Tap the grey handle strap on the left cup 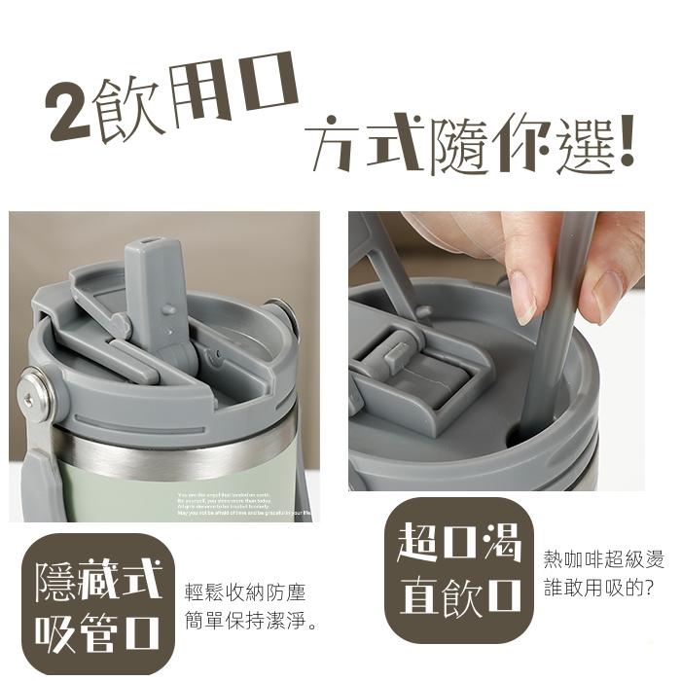(x=37, y=477)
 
